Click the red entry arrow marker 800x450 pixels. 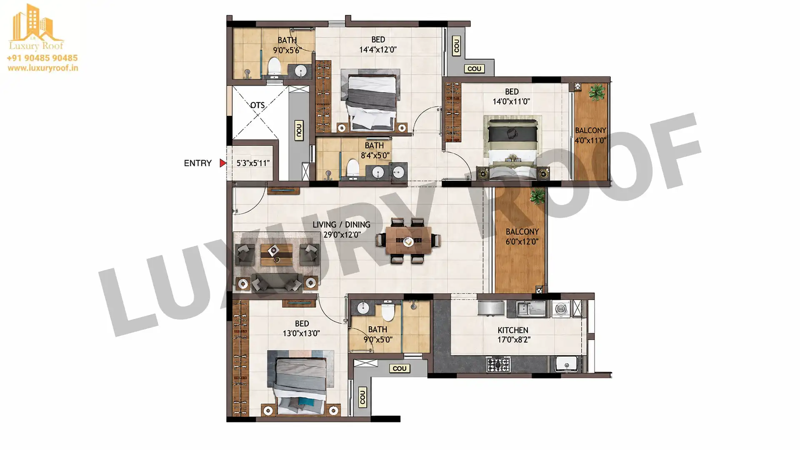223,163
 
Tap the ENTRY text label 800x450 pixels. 197,163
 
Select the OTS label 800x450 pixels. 257,105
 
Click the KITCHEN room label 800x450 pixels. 513,330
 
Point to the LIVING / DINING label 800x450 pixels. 341,225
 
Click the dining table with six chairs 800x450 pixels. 408,241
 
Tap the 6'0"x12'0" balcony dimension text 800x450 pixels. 522,242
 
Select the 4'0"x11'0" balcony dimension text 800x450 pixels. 590,140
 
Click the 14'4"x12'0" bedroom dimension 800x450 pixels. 378,50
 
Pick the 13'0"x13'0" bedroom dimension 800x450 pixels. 301,333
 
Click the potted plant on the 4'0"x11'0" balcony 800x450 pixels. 597,91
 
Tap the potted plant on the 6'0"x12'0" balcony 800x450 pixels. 537,196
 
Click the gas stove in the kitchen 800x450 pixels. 498,365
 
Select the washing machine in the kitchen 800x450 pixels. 561,309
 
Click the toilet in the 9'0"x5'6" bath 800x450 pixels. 274,68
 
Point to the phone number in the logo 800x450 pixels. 42,58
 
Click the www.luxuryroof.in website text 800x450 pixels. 43,68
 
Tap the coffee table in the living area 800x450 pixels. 277,255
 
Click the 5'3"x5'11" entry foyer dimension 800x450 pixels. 253,163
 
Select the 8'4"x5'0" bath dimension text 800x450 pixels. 375,155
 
